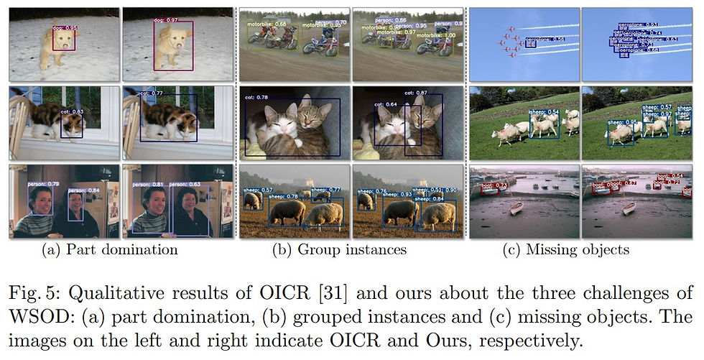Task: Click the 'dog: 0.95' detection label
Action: pyautogui.click(x=66, y=28)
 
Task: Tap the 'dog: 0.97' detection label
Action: pyautogui.click(x=165, y=20)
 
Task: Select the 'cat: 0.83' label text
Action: pyautogui.click(x=72, y=111)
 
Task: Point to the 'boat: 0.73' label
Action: pyautogui.click(x=496, y=186)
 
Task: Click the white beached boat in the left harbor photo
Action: pyautogui.click(x=516, y=208)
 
